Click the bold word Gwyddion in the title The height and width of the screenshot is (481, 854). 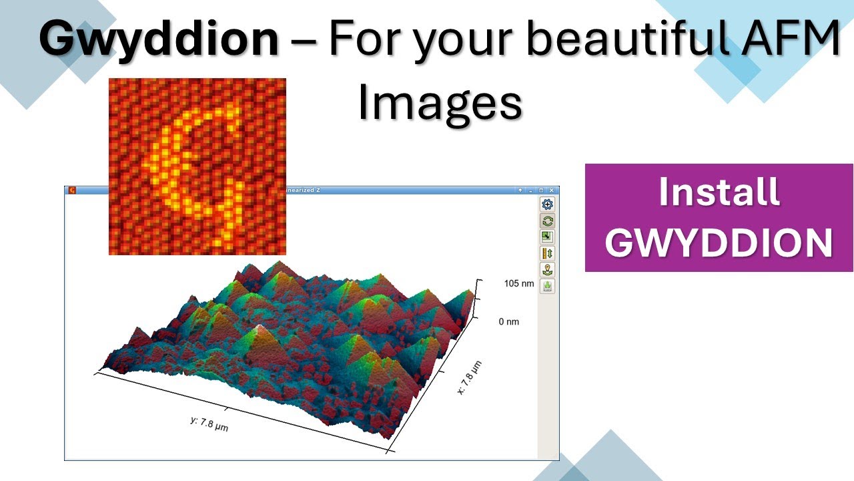159,39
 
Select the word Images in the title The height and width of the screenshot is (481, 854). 439,104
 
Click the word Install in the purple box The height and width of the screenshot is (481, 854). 719,192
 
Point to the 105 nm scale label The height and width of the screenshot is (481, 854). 519,283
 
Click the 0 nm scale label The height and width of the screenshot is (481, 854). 508,322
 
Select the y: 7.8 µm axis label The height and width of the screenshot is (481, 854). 209,424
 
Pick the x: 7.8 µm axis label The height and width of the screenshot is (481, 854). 470,377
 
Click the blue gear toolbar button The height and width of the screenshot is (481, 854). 547,205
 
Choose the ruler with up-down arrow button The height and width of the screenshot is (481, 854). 547,254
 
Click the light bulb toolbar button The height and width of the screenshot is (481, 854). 547,270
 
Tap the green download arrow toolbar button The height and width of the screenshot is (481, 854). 547,286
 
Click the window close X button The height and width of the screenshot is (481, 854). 552,190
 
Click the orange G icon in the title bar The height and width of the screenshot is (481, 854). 71,190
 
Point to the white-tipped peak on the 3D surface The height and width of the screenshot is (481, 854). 260,327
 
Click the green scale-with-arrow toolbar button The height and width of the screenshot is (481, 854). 547,237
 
